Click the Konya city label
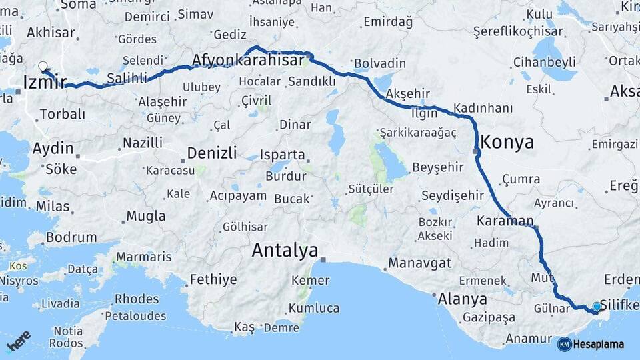tap(507, 142)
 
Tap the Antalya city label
tap(285, 251)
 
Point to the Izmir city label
tap(44, 82)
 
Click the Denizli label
tap(212, 153)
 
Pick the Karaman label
tap(505, 220)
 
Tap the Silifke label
tap(619, 305)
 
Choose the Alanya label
tap(462, 299)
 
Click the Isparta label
tap(283, 155)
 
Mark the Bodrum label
tap(71, 237)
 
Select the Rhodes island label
tap(136, 298)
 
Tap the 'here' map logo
tap(19, 341)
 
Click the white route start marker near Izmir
tap(43, 65)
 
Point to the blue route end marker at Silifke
tap(596, 307)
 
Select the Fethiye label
tap(213, 279)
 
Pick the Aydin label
tap(53, 148)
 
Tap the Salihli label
tap(127, 78)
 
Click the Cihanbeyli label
tap(544, 62)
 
